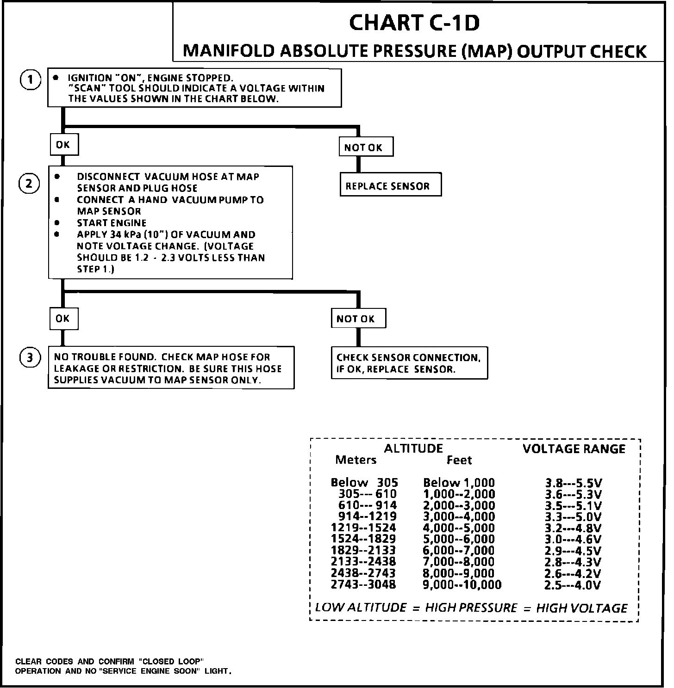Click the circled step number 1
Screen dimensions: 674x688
tap(30, 80)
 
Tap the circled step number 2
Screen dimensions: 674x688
tap(29, 184)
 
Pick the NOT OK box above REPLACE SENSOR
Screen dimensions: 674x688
tap(366, 147)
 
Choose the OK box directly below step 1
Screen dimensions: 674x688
tap(63, 145)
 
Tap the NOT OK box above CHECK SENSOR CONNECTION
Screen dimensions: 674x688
tap(358, 319)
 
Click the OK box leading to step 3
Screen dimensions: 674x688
tap(63, 319)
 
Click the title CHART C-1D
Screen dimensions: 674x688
tap(414, 23)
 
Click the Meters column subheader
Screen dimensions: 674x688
tap(356, 460)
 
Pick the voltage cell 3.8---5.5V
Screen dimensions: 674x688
tap(573, 483)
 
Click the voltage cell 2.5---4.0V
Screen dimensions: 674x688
tap(573, 585)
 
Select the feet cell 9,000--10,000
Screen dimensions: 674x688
tap(462, 585)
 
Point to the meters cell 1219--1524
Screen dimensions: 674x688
tap(363, 528)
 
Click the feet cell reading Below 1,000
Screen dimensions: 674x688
tap(459, 483)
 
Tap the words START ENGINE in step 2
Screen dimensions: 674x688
tap(112, 223)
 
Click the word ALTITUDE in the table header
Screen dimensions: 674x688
tap(413, 448)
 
